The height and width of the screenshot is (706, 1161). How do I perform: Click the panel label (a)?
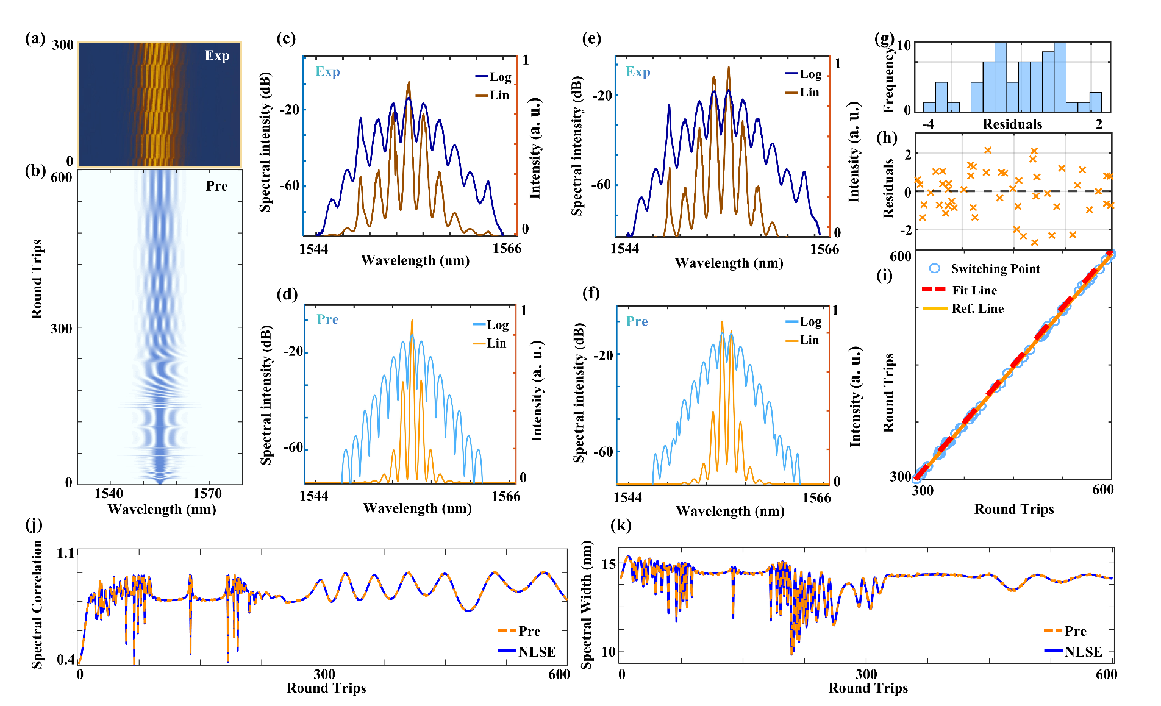click(35, 38)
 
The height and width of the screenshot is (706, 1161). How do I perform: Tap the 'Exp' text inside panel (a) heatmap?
click(217, 55)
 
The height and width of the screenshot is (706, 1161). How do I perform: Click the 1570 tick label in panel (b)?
click(207, 493)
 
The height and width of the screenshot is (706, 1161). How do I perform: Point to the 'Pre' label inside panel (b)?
click(216, 186)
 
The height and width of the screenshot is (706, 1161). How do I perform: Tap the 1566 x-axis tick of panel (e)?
click(824, 249)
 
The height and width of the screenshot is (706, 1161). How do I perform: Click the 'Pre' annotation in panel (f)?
click(637, 321)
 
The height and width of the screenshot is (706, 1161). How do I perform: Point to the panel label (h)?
click(887, 137)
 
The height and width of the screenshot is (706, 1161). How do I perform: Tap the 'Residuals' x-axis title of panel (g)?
click(1012, 124)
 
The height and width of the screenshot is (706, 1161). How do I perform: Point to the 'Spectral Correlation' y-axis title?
click(38, 604)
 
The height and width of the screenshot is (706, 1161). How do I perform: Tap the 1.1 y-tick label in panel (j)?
click(65, 553)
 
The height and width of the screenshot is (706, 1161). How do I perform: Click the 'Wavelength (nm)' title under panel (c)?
click(415, 260)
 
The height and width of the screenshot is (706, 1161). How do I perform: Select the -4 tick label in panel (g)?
click(927, 124)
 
